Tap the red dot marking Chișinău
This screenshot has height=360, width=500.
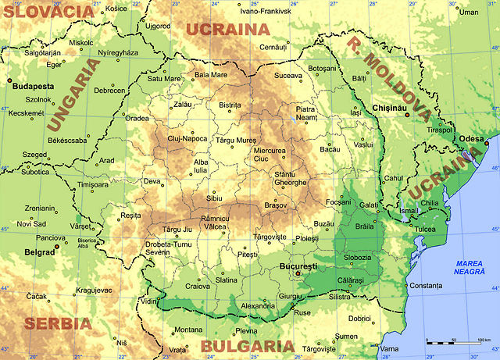tap(406, 115)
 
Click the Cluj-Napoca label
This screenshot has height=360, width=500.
tap(187, 138)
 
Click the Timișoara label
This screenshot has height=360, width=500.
tap(93, 184)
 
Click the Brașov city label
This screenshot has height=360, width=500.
tap(276, 205)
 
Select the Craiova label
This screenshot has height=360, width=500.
tap(197, 287)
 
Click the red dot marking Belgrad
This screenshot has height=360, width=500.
tap(56, 248)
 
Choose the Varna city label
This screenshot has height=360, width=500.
tap(389, 348)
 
